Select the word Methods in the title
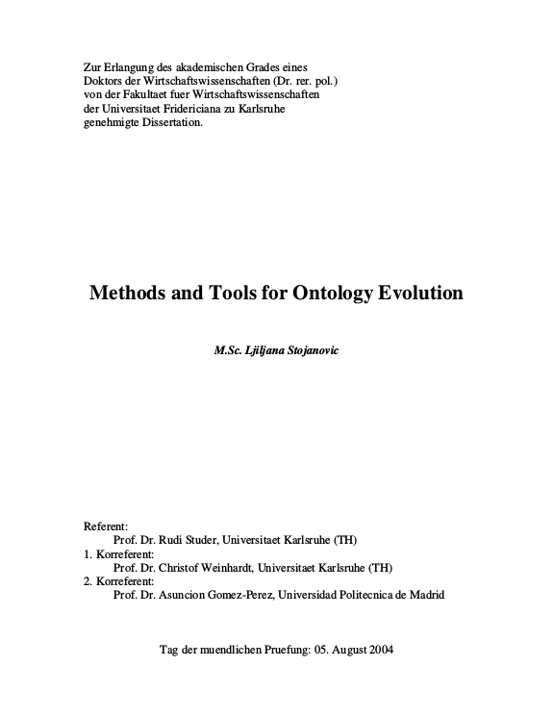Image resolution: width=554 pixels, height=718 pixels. click(127, 293)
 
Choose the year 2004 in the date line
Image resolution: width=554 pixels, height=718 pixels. click(378, 650)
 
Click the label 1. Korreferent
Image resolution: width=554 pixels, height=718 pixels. click(113, 554)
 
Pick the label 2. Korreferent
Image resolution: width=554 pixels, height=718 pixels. click(113, 581)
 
